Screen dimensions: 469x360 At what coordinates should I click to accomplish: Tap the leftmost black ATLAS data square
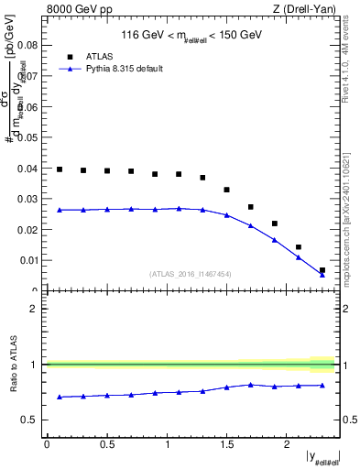click(x=60, y=169)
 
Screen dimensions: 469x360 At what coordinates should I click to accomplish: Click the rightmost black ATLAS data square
click(x=322, y=270)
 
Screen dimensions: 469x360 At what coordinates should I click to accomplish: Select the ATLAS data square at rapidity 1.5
click(x=227, y=190)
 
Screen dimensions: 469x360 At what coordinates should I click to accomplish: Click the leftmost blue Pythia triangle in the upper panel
click(x=60, y=210)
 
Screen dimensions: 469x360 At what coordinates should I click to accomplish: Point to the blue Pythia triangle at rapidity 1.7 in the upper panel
click(x=251, y=225)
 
